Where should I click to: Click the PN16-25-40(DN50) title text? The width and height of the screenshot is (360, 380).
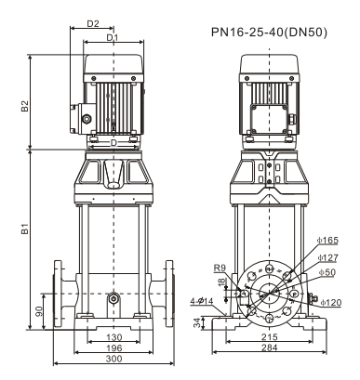coord(269,33)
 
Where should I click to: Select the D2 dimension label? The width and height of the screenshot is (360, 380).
coord(93,23)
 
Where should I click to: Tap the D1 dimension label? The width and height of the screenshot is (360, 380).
coord(113,37)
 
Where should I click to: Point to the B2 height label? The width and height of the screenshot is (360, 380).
coord(25,106)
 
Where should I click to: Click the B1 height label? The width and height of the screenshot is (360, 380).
coord(25,229)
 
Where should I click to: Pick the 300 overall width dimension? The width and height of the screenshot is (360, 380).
coord(114,359)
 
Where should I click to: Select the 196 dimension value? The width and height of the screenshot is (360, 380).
coord(114,347)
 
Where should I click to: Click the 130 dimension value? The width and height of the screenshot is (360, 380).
coord(114,337)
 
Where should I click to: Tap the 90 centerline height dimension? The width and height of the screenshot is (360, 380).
coord(39,312)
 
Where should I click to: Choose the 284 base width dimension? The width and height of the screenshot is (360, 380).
coord(269,347)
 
